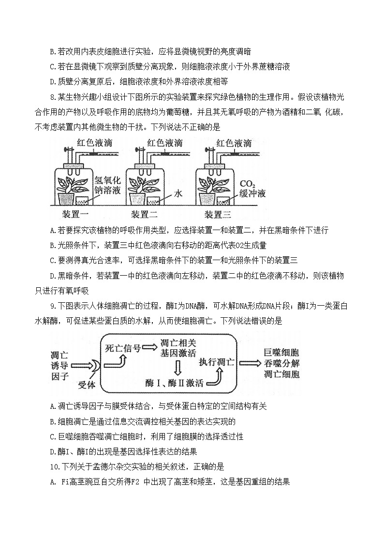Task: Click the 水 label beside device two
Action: coord(178,193)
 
